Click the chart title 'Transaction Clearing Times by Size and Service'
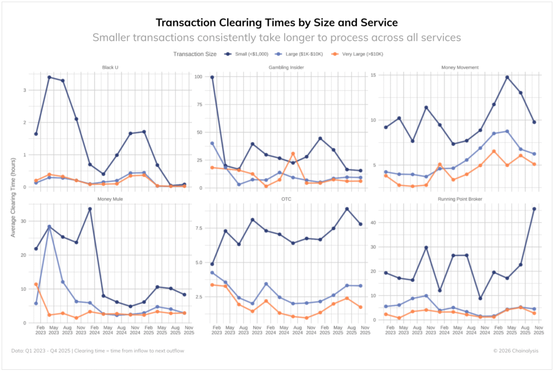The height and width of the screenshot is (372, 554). point(276,22)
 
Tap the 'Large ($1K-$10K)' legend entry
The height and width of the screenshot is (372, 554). point(301,54)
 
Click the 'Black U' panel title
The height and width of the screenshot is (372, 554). point(110,67)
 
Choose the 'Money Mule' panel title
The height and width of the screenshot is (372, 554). point(110,199)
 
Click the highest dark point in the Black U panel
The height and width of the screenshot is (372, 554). point(49,77)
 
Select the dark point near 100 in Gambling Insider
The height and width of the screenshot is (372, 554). point(212,77)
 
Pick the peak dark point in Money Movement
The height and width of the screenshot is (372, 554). point(507,77)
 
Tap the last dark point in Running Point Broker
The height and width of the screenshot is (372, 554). point(534,209)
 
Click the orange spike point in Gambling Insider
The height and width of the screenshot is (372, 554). point(293,154)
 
